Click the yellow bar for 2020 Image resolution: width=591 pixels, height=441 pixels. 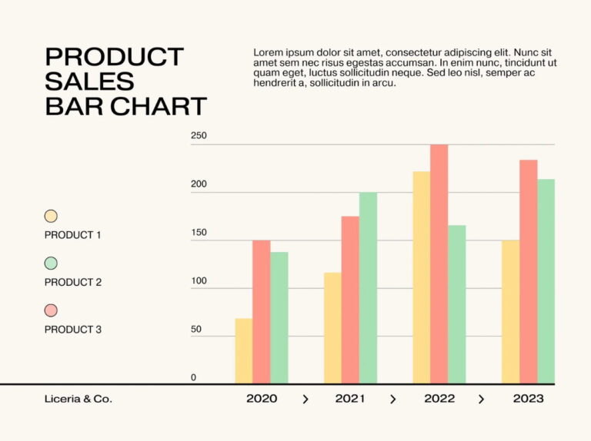[x=244, y=351]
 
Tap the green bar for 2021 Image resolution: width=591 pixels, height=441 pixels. [x=368, y=287]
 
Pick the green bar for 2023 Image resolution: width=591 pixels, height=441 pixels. [x=546, y=281]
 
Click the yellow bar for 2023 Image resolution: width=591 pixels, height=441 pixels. [x=510, y=312]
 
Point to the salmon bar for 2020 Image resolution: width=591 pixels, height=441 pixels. [x=262, y=312]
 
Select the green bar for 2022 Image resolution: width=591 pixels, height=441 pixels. [x=456, y=304]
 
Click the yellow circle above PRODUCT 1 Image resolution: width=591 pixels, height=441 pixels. [x=51, y=217]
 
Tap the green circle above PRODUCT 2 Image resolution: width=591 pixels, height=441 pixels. [x=51, y=264]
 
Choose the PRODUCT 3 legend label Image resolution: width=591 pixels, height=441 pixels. [x=73, y=330]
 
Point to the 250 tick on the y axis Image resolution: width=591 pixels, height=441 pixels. [x=199, y=136]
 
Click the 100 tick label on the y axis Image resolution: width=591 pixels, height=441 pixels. [x=199, y=281]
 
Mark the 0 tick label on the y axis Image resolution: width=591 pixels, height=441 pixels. [x=193, y=377]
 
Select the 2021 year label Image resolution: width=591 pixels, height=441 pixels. [x=350, y=399]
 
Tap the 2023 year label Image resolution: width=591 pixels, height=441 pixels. [x=528, y=399]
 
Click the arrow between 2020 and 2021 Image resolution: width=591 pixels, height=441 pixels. [x=306, y=399]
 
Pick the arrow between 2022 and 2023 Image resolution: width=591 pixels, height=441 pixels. [x=482, y=399]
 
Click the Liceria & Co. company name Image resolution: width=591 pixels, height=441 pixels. [x=78, y=399]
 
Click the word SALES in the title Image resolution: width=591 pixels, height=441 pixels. [x=90, y=81]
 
